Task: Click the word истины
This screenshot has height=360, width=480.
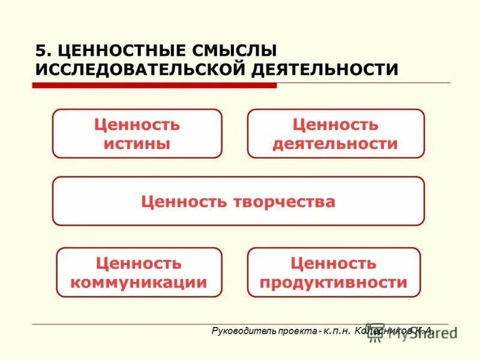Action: (x=137, y=143)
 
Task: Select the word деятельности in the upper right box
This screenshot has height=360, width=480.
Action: (x=335, y=143)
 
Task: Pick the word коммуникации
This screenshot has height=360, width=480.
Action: (x=139, y=282)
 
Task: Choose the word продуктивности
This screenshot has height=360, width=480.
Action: (x=334, y=282)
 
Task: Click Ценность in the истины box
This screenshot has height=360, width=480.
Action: (x=137, y=125)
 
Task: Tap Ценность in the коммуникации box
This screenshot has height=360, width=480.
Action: (x=139, y=263)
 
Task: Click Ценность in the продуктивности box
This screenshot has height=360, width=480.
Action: (x=334, y=263)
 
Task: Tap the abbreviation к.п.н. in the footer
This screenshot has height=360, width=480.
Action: (x=333, y=330)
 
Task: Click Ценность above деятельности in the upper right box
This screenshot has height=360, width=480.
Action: (x=335, y=125)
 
